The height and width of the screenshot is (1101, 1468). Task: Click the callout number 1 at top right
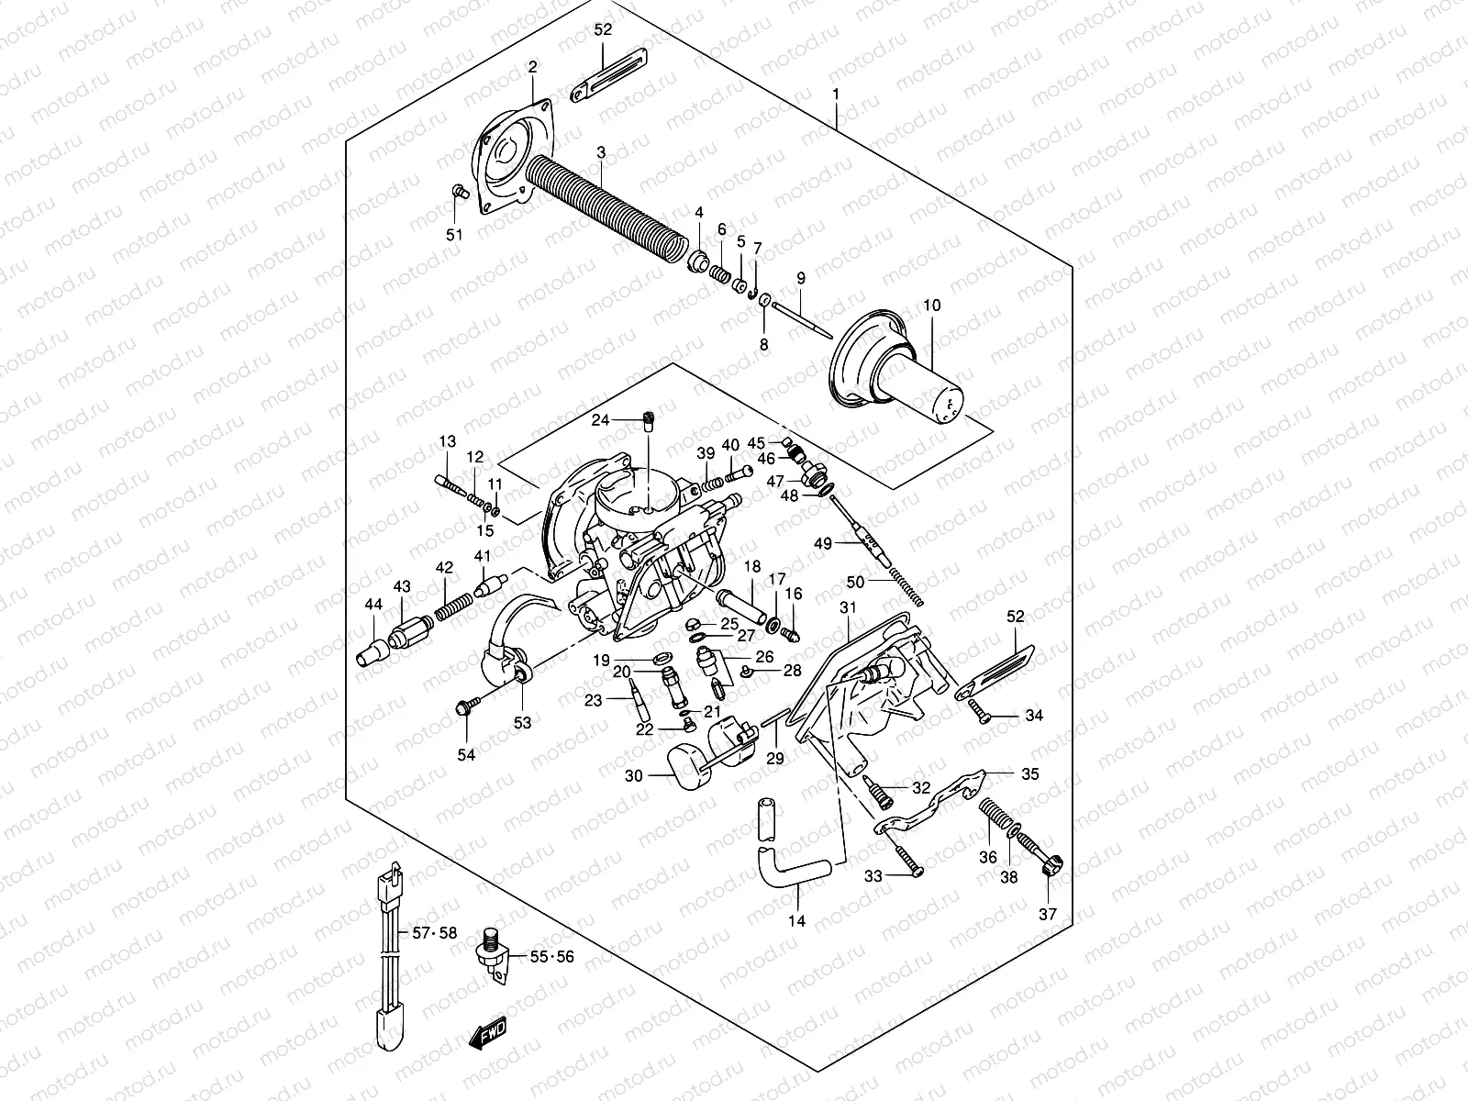(x=836, y=94)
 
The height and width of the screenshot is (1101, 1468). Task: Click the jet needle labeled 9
(x=800, y=317)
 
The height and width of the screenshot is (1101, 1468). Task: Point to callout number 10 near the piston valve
(x=932, y=306)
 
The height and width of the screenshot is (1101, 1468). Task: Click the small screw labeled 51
(x=461, y=192)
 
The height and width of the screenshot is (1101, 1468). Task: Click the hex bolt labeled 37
(x=1052, y=864)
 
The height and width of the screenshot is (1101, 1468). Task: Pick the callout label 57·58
(x=434, y=933)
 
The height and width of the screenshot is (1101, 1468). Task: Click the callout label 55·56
(x=551, y=957)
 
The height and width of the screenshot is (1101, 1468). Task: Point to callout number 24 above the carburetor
(x=600, y=420)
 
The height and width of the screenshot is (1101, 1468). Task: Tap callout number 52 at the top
(x=603, y=29)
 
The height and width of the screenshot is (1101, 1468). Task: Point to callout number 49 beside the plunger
(x=823, y=544)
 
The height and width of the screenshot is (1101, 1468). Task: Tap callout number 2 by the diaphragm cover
(x=531, y=66)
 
